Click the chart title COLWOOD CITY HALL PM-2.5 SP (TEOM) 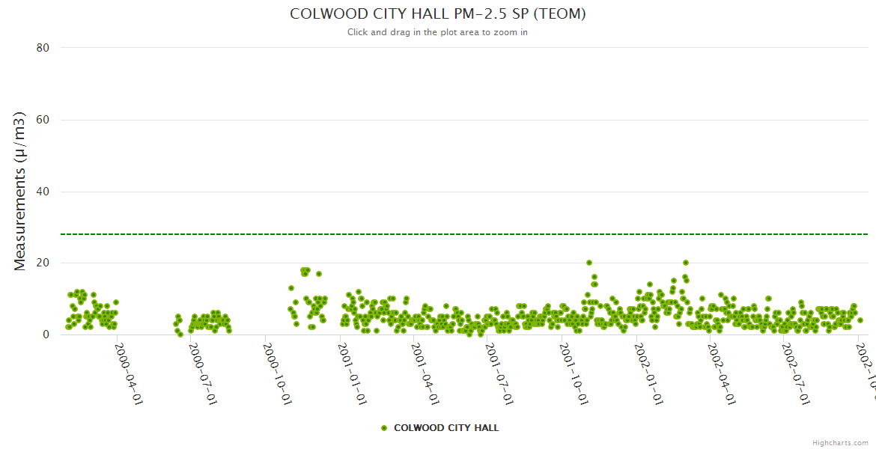(x=437, y=14)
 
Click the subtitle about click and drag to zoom (x=437, y=32)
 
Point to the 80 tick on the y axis (x=43, y=48)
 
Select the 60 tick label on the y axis (x=43, y=120)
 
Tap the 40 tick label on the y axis (x=43, y=192)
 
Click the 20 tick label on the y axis (x=43, y=263)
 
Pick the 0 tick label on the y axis (x=46, y=335)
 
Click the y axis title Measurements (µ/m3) (x=20, y=191)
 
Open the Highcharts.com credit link (x=840, y=443)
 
